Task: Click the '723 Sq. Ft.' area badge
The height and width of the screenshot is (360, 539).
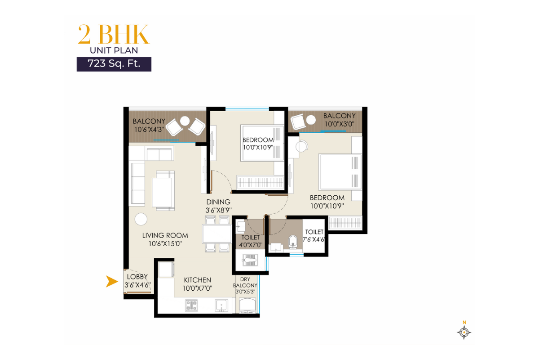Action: pyautogui.click(x=114, y=63)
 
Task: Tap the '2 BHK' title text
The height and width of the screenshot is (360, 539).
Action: pyautogui.click(x=113, y=34)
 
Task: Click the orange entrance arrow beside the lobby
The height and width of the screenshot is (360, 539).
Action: pyautogui.click(x=109, y=282)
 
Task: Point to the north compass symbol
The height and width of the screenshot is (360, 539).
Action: pyautogui.click(x=464, y=332)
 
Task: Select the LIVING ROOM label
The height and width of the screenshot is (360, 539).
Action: pyautogui.click(x=165, y=235)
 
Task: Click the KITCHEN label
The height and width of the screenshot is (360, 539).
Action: pyautogui.click(x=197, y=280)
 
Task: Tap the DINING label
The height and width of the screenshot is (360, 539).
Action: pyautogui.click(x=218, y=202)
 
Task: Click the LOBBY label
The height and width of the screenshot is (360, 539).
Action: pyautogui.click(x=137, y=277)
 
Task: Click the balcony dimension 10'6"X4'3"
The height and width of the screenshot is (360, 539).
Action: pyautogui.click(x=149, y=130)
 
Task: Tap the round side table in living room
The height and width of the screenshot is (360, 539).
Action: pyautogui.click(x=141, y=219)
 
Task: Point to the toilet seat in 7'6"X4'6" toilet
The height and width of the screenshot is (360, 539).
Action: pyautogui.click(x=292, y=242)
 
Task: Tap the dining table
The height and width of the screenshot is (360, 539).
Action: pyautogui.click(x=216, y=234)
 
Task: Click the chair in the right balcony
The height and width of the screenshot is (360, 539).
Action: pyautogui.click(x=298, y=121)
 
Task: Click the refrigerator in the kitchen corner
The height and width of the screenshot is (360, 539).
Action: pyautogui.click(x=165, y=269)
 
